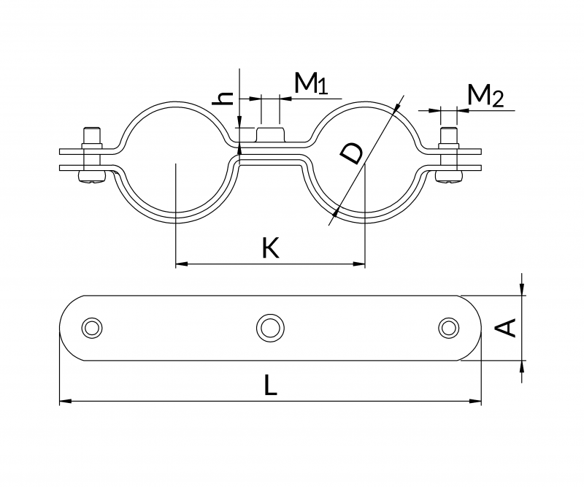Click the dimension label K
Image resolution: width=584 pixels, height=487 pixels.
270,248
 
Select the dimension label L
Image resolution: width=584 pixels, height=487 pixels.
271,385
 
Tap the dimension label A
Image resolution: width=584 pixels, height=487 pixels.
506,328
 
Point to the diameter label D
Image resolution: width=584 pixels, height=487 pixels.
352,155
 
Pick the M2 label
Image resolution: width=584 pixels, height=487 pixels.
485,96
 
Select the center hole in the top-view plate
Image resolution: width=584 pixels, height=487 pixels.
270,327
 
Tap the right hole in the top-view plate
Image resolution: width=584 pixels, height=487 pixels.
448,327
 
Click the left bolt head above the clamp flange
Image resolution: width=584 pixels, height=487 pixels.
92,135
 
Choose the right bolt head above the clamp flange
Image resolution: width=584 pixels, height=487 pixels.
448,135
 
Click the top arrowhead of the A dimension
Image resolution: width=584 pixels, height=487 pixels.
522,291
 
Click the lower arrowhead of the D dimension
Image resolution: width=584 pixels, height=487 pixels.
335,212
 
